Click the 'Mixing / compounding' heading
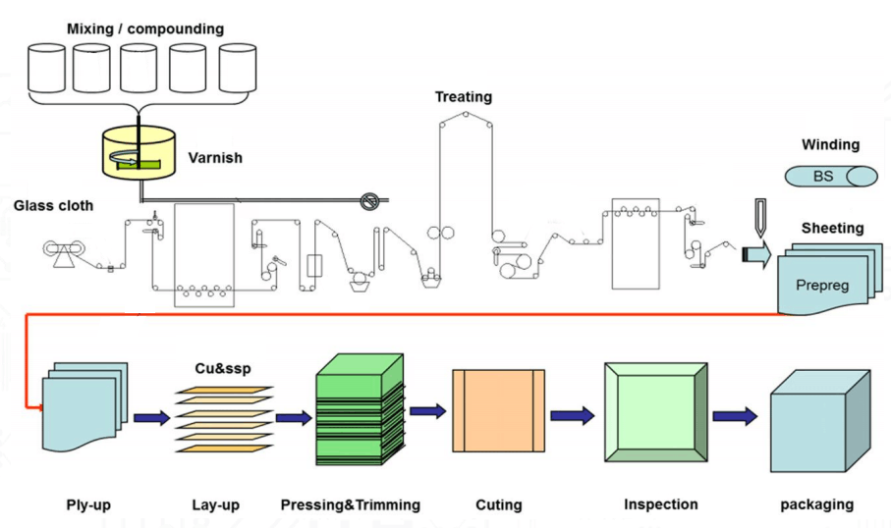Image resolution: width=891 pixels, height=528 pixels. pos(144,28)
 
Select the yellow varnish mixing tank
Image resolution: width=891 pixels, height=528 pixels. pos(139,156)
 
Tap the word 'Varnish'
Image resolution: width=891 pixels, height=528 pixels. pos(214,157)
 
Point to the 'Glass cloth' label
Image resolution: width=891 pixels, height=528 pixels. pos(53,205)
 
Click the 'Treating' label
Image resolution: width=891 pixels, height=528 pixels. pos(464,97)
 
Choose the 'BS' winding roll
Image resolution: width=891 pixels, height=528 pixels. pos(831,177)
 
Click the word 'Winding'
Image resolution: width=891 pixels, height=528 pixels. pos(830,145)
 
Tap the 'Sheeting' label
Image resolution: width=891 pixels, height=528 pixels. pos(832,228)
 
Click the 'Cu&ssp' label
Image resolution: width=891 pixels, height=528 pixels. pos(223,369)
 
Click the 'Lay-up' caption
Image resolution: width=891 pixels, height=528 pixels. pos(215,505)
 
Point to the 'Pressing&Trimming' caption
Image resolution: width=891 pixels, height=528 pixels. pos(350,505)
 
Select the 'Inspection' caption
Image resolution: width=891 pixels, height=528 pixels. pos(660,504)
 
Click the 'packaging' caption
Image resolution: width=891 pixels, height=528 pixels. pos(816,505)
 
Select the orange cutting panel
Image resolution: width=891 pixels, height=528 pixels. pos(497,411)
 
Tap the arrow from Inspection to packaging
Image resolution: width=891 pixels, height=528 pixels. pos(734,416)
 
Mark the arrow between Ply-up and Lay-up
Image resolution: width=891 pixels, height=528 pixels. pos(150,418)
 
